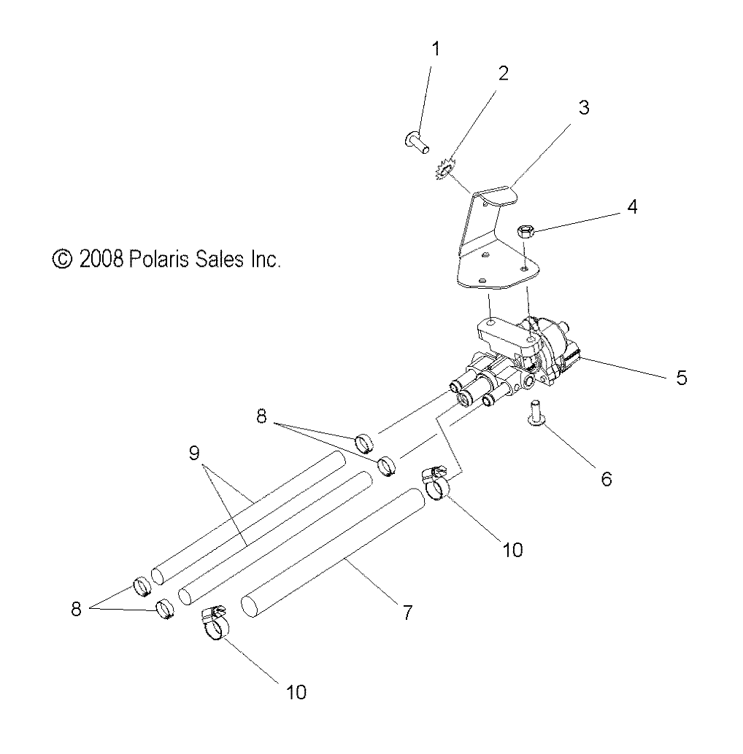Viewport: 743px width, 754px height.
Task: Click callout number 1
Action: click(436, 50)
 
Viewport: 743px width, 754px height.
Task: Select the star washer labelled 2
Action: click(446, 172)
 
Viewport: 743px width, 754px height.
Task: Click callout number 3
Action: click(583, 108)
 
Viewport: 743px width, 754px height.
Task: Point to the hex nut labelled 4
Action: click(526, 231)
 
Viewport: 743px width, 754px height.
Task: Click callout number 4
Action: click(632, 207)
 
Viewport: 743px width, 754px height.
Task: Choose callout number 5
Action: click(681, 378)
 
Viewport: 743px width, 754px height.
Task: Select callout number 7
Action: click(407, 613)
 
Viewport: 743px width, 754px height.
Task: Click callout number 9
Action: click(193, 454)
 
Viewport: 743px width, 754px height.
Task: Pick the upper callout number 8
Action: click(261, 417)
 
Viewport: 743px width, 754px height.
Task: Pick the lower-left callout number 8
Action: click(76, 609)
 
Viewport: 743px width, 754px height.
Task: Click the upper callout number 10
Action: click(513, 549)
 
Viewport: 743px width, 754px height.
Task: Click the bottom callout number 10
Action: click(296, 691)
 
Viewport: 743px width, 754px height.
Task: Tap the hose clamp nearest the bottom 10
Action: click(213, 623)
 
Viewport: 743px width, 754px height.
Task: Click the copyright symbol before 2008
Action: click(63, 259)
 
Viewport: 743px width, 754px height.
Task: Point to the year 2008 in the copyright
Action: click(102, 259)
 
